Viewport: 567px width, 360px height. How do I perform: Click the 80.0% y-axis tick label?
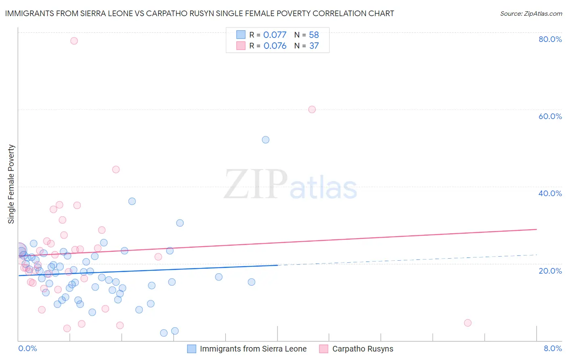click(550, 39)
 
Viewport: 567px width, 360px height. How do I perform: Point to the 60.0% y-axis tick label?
click(550, 116)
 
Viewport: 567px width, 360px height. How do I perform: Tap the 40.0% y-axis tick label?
click(550, 193)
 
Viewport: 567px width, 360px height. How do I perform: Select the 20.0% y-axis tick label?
click(550, 271)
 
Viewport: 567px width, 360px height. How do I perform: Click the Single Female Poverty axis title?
click(11, 184)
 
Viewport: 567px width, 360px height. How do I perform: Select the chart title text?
click(200, 13)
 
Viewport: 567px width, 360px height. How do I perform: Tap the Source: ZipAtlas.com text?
click(531, 14)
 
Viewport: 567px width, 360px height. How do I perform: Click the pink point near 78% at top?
click(74, 41)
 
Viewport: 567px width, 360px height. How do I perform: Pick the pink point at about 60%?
click(312, 109)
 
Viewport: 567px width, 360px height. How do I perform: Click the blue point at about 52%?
click(265, 140)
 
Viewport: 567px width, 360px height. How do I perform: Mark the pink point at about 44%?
click(116, 170)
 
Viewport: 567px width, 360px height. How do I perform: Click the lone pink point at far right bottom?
click(467, 323)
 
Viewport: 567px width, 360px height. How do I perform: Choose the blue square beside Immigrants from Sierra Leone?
click(192, 349)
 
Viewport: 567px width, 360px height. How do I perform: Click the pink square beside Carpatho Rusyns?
click(323, 349)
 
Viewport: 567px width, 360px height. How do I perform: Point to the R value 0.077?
click(275, 35)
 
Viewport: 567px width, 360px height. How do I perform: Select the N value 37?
click(314, 46)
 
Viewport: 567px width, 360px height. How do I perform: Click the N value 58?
click(314, 35)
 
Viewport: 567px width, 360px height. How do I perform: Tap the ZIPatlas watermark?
click(290, 185)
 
